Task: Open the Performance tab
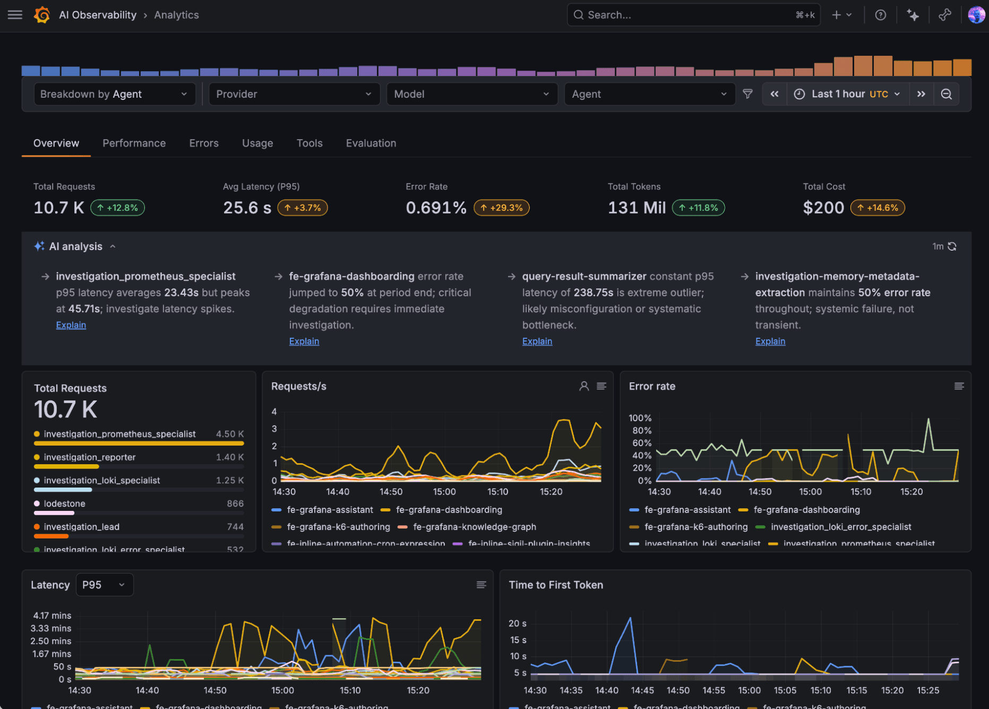[134, 143]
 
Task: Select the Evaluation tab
[371, 143]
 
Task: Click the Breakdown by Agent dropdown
[114, 94]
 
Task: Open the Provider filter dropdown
[294, 94]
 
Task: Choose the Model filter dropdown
[471, 94]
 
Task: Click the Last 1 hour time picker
[848, 94]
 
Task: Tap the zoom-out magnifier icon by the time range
[946, 94]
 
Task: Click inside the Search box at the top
[685, 15]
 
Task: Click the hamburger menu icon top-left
[15, 15]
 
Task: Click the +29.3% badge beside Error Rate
[501, 208]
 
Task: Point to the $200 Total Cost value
[823, 208]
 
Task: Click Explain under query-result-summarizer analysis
[537, 341]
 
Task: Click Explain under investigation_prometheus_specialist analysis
[71, 325]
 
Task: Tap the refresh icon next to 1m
[952, 246]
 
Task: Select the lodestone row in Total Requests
[64, 503]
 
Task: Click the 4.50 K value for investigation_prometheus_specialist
[229, 434]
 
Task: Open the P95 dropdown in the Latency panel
[104, 585]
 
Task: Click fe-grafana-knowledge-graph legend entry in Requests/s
[474, 527]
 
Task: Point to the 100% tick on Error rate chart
[640, 418]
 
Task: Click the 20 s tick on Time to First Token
[517, 623]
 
